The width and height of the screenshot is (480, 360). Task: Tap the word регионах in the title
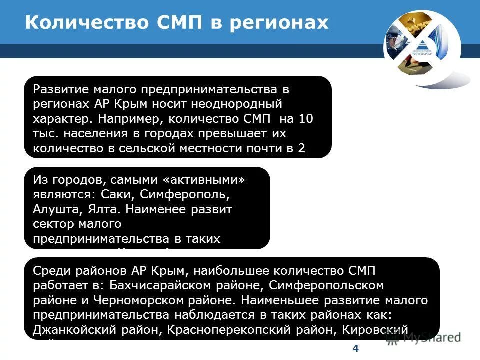280,23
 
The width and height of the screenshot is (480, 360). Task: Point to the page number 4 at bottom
355,348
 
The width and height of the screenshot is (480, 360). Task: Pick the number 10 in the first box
306,119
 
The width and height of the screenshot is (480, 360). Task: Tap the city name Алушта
53,209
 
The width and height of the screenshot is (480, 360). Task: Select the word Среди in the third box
49,271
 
